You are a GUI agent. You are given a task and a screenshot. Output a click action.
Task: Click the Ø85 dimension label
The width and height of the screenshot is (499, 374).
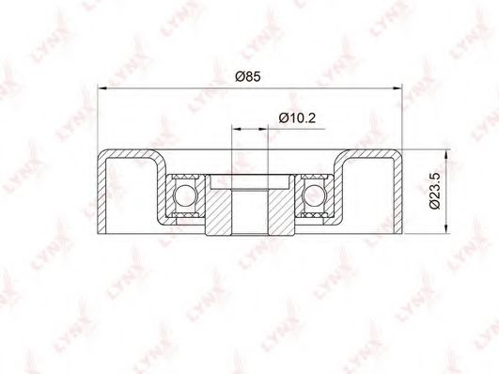tap(248, 77)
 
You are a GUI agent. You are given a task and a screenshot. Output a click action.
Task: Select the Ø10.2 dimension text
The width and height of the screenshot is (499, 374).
tap(297, 118)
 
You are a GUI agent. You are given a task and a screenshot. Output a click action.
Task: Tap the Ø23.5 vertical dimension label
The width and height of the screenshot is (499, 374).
tap(434, 191)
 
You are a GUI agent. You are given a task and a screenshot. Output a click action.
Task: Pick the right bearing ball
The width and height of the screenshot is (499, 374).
tap(314, 195)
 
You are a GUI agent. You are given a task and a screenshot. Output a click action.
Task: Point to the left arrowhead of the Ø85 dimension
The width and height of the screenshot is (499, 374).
tap(102, 88)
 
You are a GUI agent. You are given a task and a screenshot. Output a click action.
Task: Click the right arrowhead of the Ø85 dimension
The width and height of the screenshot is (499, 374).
tap(397, 88)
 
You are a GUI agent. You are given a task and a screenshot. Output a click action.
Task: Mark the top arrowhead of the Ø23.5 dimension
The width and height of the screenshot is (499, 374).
tap(446, 155)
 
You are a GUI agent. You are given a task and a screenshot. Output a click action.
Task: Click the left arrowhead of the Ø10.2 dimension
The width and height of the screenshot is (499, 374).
tap(236, 129)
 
